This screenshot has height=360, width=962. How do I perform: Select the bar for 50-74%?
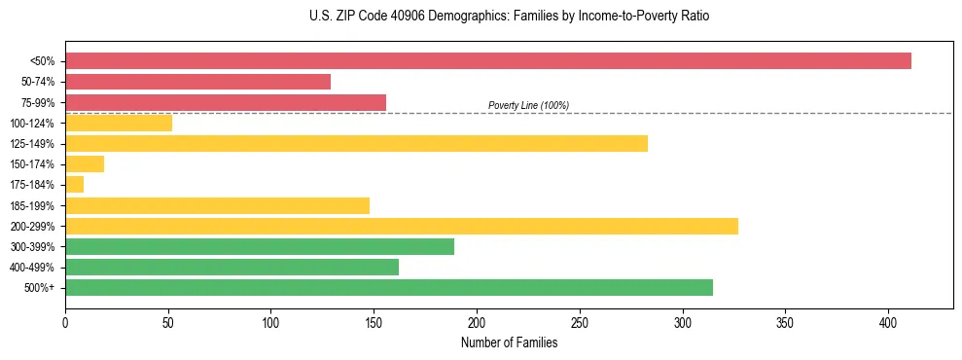coord(197,82)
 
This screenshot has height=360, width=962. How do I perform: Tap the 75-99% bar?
coord(226,102)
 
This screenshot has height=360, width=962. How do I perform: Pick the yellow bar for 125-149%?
coord(356,144)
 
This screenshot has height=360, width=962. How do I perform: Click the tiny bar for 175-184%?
coord(74,185)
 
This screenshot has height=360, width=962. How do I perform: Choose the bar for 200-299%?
coord(401,226)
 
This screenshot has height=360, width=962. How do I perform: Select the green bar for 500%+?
coord(388,287)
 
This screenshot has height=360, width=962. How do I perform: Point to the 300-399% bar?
coord(260,247)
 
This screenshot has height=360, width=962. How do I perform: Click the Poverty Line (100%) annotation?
coord(528,105)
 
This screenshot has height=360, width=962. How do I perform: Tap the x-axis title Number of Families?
coord(509,342)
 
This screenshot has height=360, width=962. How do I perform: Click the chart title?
coord(510,17)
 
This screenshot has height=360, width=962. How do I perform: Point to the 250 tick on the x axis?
coord(580,323)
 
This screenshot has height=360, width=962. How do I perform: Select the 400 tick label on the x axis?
coord(888,323)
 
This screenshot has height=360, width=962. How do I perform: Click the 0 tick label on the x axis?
coord(65,323)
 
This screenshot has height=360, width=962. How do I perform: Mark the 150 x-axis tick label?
coord(374,323)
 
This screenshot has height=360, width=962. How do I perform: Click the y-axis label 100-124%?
coord(32,124)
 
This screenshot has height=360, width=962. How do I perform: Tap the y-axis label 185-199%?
coord(32,206)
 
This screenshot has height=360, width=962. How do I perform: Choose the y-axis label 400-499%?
coord(32,268)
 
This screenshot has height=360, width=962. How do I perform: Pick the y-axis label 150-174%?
coord(32,164)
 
